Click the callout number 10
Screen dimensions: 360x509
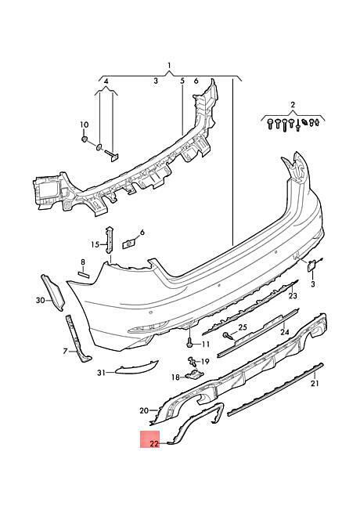[84, 125]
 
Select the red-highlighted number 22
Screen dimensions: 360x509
[154, 443]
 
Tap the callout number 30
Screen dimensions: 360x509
[40, 301]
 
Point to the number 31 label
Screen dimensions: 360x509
[102, 373]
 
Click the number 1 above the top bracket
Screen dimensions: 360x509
[168, 66]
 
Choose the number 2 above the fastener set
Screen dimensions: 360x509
[293, 104]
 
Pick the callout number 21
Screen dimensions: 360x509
[315, 384]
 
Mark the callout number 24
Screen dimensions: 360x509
[284, 332]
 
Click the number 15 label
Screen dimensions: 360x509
[95, 244]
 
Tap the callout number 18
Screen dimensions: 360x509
[175, 377]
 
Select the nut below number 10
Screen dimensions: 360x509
[85, 139]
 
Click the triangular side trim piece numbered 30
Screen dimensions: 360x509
[52, 293]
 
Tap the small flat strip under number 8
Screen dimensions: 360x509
[84, 275]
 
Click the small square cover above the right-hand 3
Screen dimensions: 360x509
[311, 265]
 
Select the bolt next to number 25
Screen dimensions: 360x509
[228, 335]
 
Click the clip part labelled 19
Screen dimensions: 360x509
[193, 360]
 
